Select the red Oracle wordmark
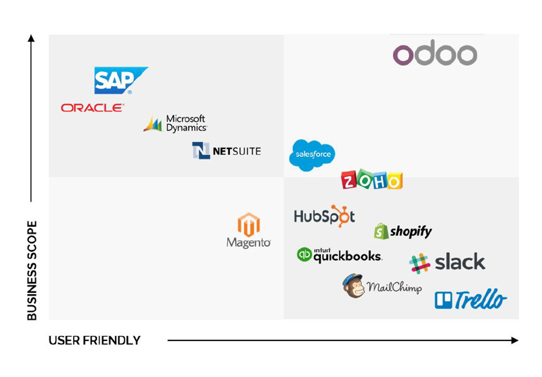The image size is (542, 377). (x=92, y=108)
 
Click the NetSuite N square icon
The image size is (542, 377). (x=201, y=151)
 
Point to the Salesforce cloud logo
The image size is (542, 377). (x=312, y=155)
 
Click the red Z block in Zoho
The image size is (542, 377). (x=349, y=180)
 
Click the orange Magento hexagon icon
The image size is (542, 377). (x=248, y=225)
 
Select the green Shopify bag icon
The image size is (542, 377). (x=381, y=232)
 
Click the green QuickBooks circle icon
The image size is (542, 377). (x=304, y=254)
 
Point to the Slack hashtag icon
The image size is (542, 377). (x=420, y=263)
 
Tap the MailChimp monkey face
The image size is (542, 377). (x=353, y=286)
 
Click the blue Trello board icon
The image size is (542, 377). (x=443, y=300)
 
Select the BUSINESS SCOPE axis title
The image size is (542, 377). (x=32, y=270)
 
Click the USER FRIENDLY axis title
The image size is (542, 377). (x=95, y=341)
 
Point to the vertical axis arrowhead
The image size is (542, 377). (x=31, y=38)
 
